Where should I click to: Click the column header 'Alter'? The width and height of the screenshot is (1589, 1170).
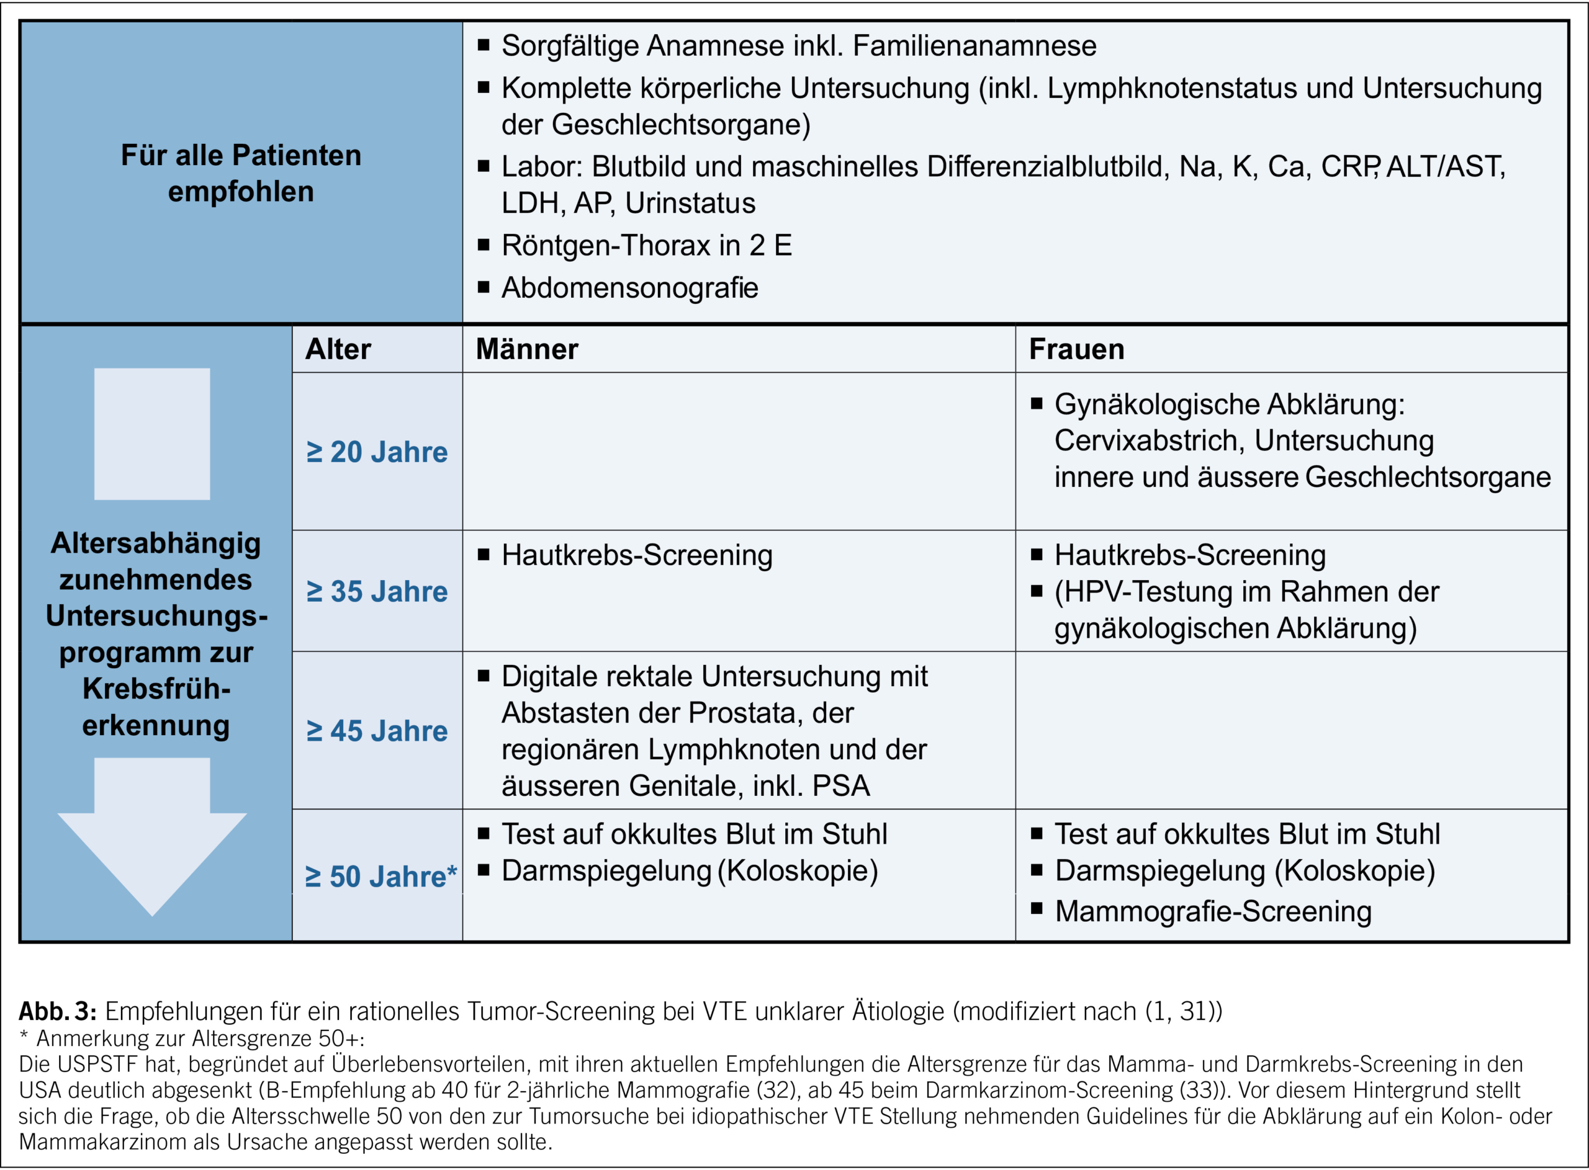click(x=338, y=349)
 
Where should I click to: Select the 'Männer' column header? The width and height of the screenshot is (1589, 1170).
click(x=526, y=349)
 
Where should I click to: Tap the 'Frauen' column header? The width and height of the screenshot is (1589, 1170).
click(x=1076, y=349)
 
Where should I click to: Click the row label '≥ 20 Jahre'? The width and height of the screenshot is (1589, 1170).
click(x=377, y=452)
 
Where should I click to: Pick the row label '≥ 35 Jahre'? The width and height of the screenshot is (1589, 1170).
click(x=377, y=591)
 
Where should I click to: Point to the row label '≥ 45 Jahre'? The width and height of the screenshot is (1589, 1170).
click(x=377, y=731)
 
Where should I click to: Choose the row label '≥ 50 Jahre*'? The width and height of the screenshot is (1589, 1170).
click(x=381, y=877)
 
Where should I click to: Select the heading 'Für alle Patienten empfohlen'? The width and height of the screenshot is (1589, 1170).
click(x=241, y=173)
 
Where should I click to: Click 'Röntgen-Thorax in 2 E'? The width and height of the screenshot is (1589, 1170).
click(x=646, y=245)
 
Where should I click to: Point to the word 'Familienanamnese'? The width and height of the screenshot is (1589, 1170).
click(x=974, y=45)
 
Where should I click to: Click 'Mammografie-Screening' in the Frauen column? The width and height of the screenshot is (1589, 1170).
click(x=1213, y=911)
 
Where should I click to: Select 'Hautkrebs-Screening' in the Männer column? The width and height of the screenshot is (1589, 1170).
click(x=636, y=555)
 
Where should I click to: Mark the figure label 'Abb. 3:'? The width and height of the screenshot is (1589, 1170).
click(x=57, y=1011)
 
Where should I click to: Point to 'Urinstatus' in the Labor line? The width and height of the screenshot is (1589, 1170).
click(x=690, y=203)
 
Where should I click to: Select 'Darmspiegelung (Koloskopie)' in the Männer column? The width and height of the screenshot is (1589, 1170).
click(x=690, y=871)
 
